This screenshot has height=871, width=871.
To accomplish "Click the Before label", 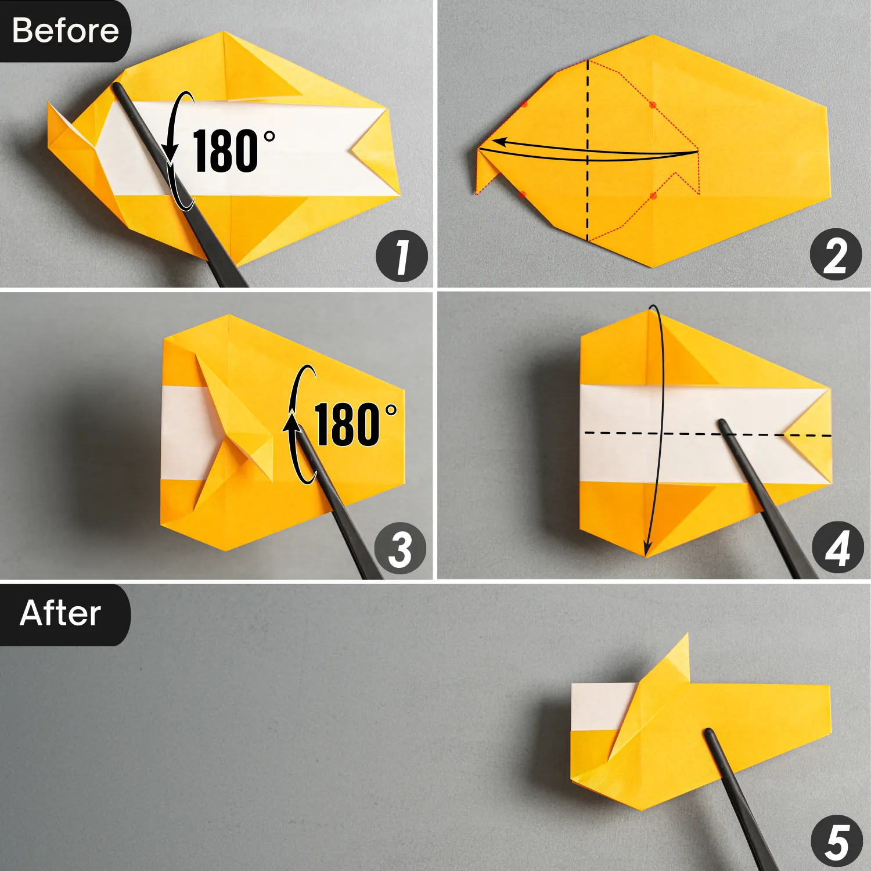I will coord(65,30).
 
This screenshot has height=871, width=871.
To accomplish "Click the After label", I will coord(60,613).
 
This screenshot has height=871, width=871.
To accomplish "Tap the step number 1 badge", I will coord(401,256).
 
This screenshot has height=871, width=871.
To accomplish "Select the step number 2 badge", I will coord(836,254).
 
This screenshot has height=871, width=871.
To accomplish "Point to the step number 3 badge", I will coord(400,548).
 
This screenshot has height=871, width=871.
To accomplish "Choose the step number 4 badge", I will coord(837,548).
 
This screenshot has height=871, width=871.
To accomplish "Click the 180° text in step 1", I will coord(232,151).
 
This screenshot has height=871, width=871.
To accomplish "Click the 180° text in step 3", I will coord(354,425).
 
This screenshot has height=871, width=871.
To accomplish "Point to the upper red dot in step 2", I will coord(653,105).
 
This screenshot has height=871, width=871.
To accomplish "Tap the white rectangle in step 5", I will coord(598,706).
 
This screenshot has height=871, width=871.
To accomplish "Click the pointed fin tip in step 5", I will coord(686,636).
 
